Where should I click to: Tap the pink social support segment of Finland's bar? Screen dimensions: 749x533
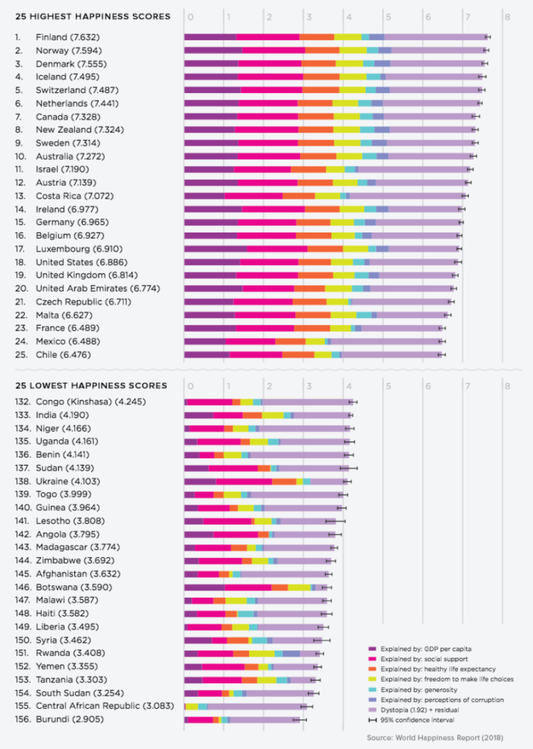[267, 37]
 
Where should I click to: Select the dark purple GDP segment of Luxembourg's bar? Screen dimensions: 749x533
[215, 249]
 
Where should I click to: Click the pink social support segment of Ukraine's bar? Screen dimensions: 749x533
[244, 481]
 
